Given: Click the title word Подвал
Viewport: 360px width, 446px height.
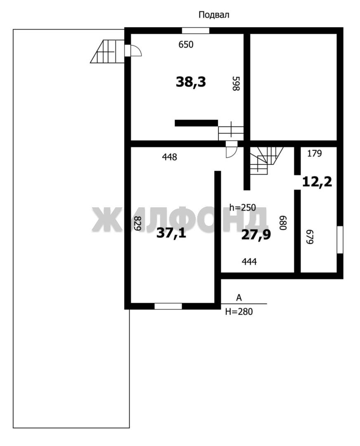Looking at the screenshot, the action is (x=213, y=15).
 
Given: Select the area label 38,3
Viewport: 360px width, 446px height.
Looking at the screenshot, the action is (x=191, y=82).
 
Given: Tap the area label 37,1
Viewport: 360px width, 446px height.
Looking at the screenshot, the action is (x=171, y=233).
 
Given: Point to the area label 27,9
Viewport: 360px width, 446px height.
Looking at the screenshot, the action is (x=256, y=235).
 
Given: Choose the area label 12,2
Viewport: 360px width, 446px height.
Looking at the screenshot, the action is (x=317, y=182).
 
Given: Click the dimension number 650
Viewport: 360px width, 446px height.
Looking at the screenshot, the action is (x=186, y=45).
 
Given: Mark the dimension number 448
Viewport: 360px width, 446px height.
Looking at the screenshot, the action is (x=170, y=157).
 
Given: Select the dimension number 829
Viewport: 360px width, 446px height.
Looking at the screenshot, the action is (x=137, y=223).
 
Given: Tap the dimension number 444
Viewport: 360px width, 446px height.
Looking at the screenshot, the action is (x=249, y=261).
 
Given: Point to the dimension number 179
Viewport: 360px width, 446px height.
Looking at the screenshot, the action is (x=315, y=154).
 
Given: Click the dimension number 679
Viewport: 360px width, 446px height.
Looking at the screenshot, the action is (x=309, y=237).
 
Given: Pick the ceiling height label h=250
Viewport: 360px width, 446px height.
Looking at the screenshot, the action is (x=243, y=208).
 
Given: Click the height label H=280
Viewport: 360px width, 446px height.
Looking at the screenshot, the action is (x=239, y=312).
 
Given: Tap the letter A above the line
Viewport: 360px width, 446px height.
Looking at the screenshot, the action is (x=239, y=298).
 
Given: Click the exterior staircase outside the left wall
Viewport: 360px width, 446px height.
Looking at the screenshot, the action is (x=107, y=52).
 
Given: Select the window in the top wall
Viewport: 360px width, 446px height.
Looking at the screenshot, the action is (x=196, y=31).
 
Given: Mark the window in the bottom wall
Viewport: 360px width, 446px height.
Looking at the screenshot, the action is (x=168, y=306).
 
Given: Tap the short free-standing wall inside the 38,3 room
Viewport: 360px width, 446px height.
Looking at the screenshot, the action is (x=196, y=123).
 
